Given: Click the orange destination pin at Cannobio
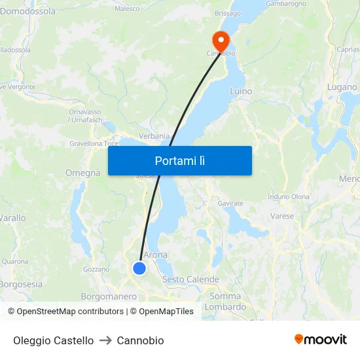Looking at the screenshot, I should [x=220, y=41].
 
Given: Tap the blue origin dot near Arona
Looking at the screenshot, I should [x=139, y=268].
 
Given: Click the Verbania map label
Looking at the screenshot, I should [x=154, y=135].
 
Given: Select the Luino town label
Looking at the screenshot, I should [x=241, y=92].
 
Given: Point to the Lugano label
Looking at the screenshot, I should [x=342, y=87].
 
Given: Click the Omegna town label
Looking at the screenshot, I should [x=82, y=173].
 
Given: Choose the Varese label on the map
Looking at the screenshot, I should [x=282, y=215].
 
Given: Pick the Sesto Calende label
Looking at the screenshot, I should [x=190, y=279].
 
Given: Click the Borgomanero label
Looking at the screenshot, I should [x=109, y=296].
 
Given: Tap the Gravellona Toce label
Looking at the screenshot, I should [x=94, y=143].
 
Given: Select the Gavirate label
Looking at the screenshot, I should [x=230, y=204].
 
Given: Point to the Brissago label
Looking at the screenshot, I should [x=228, y=13].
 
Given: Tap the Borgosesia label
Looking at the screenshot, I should [x=21, y=284].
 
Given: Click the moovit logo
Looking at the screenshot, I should [x=321, y=340].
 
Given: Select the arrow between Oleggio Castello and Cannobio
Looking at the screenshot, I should [x=105, y=340].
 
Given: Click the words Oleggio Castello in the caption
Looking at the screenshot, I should [x=53, y=340].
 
